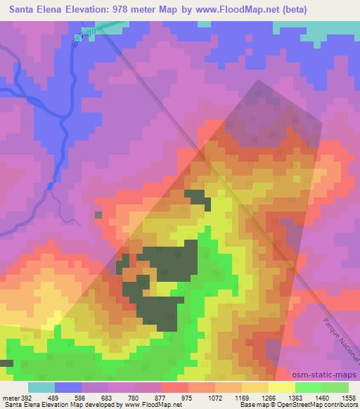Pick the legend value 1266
click(x=267, y=398)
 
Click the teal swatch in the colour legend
click(x=41, y=387)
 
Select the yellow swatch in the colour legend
click(x=281, y=387)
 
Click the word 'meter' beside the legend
click(x=10, y=398)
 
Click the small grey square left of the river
click(x=98, y=214)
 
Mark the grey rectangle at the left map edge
click(x=6, y=363)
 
